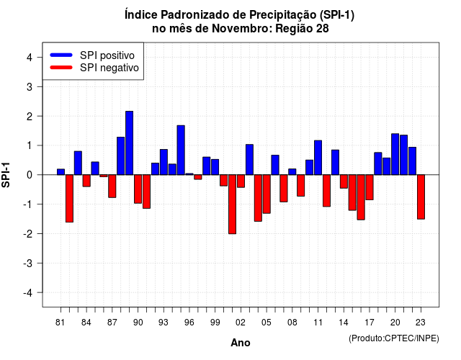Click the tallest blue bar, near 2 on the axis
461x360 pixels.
pyautogui.click(x=130, y=143)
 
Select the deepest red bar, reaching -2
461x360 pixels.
pyautogui.click(x=232, y=204)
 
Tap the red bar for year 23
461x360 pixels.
pyautogui.click(x=421, y=197)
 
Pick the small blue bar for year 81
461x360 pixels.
pyautogui.click(x=61, y=172)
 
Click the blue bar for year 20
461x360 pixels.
pyautogui.click(x=395, y=154)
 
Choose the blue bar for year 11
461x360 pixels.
pyautogui.click(x=318, y=158)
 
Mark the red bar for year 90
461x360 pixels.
pyautogui.click(x=138, y=189)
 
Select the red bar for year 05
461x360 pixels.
pyautogui.click(x=267, y=194)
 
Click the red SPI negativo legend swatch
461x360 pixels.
pyautogui.click(x=61, y=68)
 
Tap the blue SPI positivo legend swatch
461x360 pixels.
pyautogui.click(x=61, y=55)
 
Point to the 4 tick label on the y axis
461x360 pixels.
pyautogui.click(x=30, y=58)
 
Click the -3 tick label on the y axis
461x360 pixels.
pyautogui.click(x=27, y=264)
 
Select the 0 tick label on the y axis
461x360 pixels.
pyautogui.click(x=30, y=175)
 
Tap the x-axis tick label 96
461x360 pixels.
pyautogui.click(x=189, y=323)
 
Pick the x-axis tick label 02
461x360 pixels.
pyautogui.click(x=241, y=323)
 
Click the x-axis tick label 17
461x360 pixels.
pyautogui.click(x=370, y=323)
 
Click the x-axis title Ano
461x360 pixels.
pyautogui.click(x=241, y=343)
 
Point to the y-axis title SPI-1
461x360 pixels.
pyautogui.click(x=6, y=175)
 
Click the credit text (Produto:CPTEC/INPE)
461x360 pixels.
pyautogui.click(x=394, y=338)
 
